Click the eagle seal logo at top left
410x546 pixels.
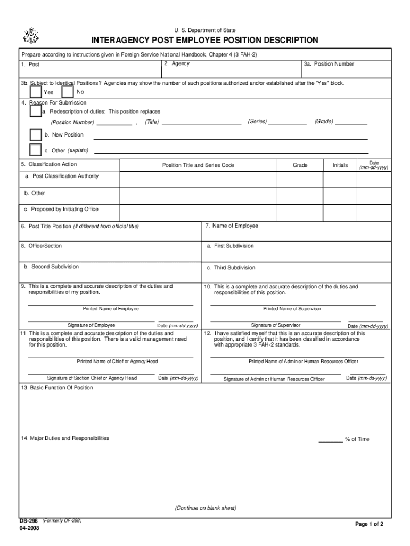point(31,35)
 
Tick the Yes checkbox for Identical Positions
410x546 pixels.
point(35,91)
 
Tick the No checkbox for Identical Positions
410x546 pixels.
point(68,91)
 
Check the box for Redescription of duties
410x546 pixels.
point(35,111)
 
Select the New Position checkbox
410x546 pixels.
point(35,134)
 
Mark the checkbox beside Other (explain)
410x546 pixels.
point(35,150)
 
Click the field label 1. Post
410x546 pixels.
point(30,65)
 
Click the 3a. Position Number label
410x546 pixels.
point(329,64)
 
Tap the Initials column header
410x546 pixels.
point(340,165)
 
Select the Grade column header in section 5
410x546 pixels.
point(300,165)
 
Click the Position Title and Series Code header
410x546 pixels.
point(198,165)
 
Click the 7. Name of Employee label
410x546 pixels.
point(232,226)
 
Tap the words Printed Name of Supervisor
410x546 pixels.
point(292,309)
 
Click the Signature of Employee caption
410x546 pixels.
point(91,325)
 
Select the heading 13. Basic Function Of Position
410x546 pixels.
point(57,388)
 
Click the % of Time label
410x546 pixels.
point(357,439)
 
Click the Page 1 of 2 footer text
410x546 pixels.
point(369,524)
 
